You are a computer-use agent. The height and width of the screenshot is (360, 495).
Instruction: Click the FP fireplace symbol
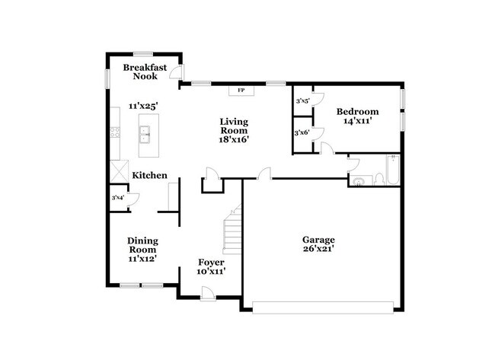(x=241, y=91)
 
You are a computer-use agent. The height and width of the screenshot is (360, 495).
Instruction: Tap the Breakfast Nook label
(x=145, y=72)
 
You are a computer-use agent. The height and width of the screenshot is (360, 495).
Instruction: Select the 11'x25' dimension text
(x=143, y=106)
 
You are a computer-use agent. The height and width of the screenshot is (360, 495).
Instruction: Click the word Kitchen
(x=149, y=176)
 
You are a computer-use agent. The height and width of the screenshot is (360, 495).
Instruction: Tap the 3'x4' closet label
(x=118, y=198)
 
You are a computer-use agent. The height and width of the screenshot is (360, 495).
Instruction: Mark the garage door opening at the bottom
(x=323, y=307)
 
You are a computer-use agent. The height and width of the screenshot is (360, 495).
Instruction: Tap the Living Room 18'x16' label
(x=234, y=130)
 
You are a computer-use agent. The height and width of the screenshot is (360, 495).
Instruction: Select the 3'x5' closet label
(x=302, y=100)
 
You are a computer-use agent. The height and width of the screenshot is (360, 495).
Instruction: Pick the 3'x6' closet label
(x=302, y=133)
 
